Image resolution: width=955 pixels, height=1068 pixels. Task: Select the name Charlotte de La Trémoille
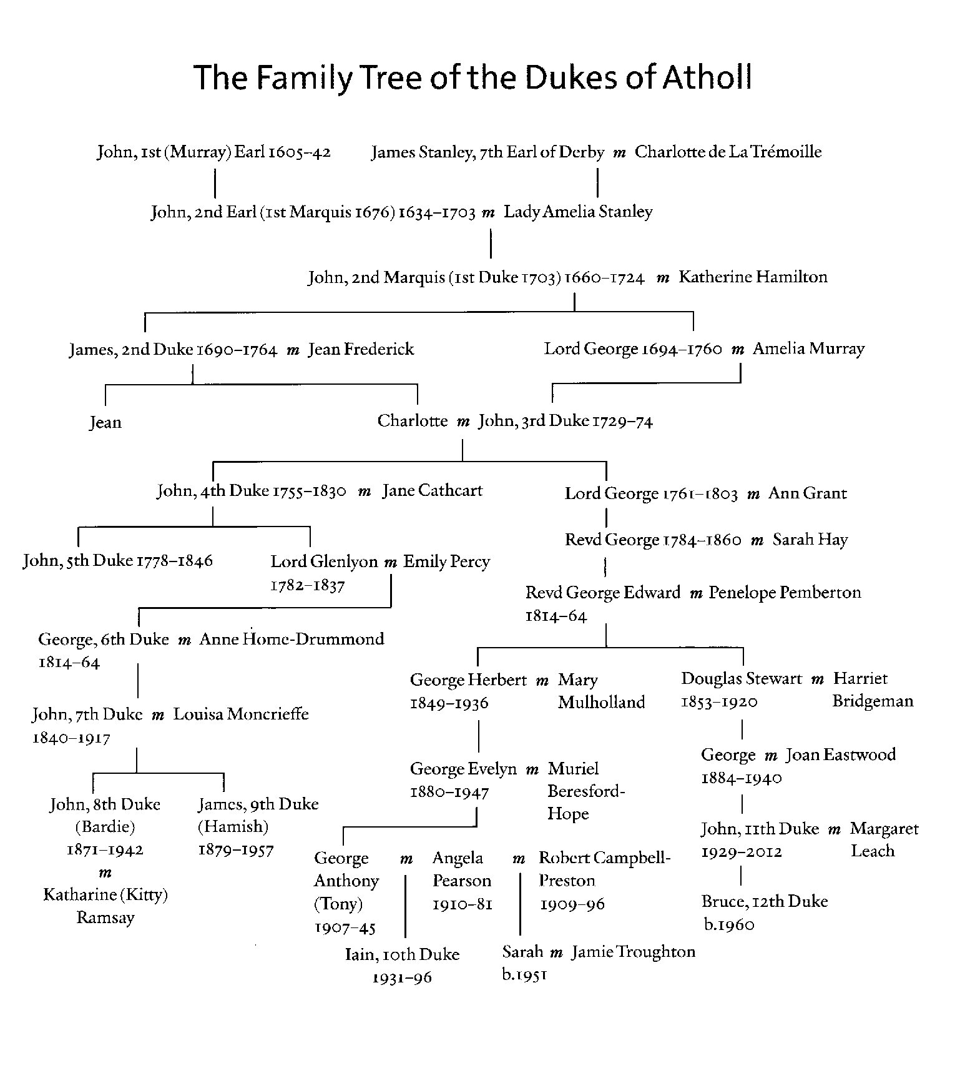point(728,152)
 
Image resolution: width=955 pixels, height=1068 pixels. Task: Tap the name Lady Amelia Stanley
point(578,212)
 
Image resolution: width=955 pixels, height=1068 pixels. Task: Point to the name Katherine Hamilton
point(753,277)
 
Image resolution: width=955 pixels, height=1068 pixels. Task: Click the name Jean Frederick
point(361,349)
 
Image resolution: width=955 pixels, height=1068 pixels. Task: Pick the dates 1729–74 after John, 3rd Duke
point(622,422)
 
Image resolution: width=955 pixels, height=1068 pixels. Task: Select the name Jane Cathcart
point(433,490)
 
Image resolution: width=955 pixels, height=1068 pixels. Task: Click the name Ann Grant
point(808,493)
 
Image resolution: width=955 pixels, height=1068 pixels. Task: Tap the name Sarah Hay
point(810,540)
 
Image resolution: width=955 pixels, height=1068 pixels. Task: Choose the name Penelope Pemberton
point(785,592)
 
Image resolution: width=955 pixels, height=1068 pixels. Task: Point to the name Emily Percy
point(446,561)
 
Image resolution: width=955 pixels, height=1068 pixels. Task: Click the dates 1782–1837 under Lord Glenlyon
point(308,586)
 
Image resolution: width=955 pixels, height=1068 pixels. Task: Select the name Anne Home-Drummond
point(291,639)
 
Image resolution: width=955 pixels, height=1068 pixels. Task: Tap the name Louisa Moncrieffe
point(241,714)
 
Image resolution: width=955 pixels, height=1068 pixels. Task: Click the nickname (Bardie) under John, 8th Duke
point(105,827)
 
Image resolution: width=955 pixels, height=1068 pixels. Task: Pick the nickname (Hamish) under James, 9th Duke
point(233,827)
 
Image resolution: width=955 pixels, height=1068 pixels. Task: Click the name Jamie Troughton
point(633,952)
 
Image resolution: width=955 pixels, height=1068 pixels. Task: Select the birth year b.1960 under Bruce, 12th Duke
point(729,925)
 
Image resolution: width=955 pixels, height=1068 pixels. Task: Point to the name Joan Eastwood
point(840,754)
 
